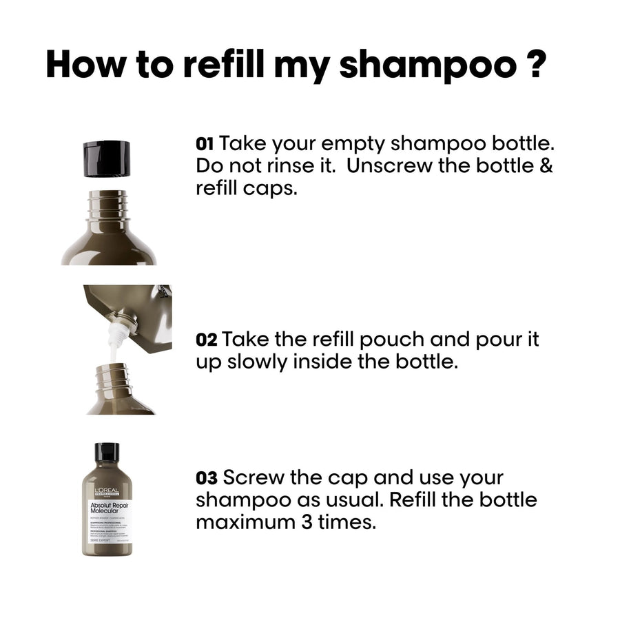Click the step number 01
click(x=205, y=144)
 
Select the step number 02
click(x=207, y=340)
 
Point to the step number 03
click(x=207, y=477)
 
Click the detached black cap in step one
click(x=107, y=158)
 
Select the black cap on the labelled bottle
click(x=107, y=453)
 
